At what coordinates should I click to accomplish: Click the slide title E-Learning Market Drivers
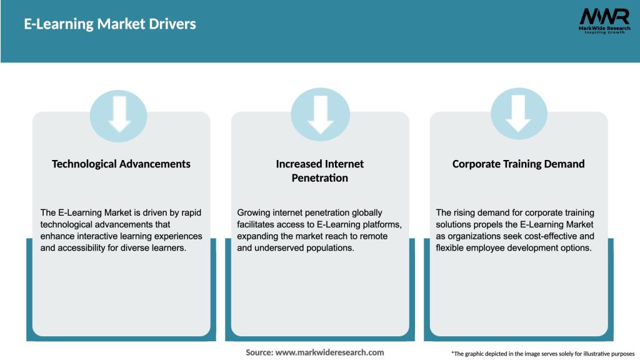point(110,24)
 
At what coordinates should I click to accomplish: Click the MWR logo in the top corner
point(604,17)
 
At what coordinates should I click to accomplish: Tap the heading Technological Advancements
point(121,164)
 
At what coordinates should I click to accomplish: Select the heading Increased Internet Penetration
point(320,171)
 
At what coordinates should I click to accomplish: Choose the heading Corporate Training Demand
point(518,164)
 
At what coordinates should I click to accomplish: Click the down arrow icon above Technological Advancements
point(119,114)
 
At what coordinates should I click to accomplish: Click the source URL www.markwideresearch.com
point(330,352)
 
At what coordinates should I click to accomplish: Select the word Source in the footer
point(259,352)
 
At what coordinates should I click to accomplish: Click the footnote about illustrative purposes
point(542,354)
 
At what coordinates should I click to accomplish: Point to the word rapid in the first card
point(190,213)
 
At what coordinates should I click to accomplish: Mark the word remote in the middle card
point(374,236)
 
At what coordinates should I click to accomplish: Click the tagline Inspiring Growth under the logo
point(604,32)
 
